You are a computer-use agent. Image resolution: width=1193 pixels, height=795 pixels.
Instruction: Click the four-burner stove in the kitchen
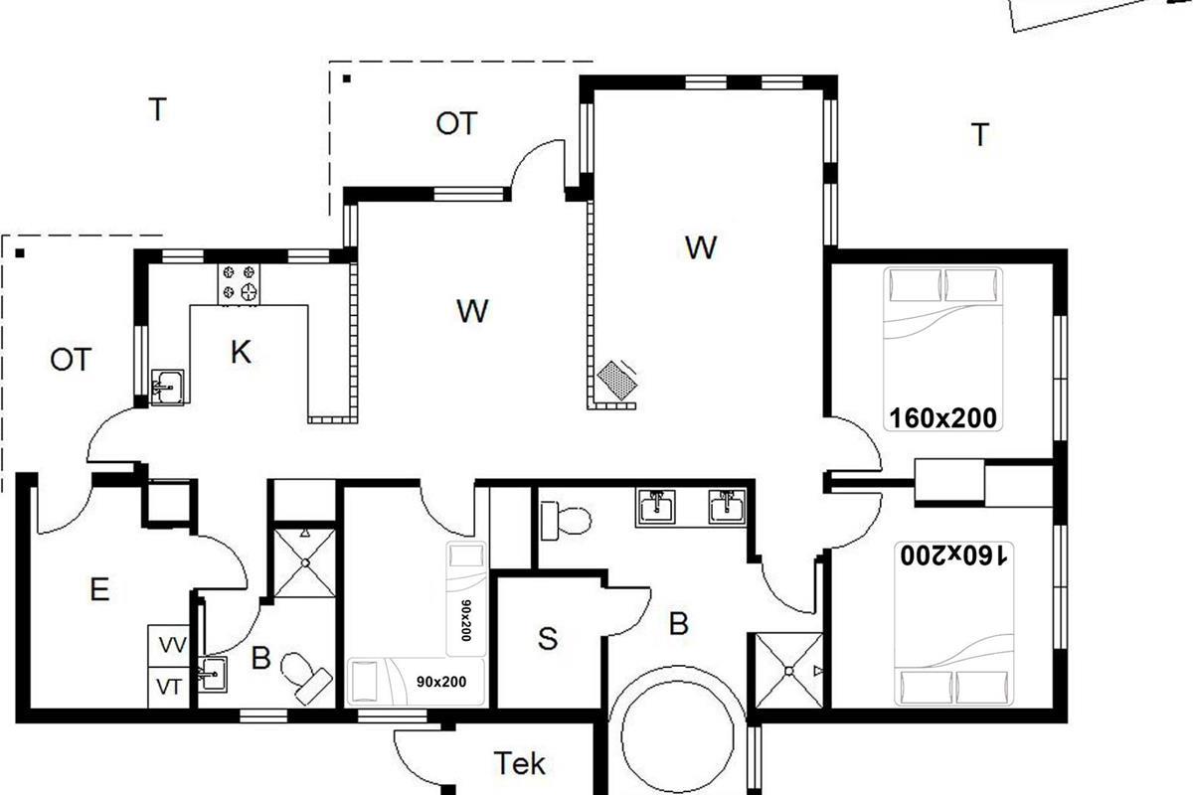240,284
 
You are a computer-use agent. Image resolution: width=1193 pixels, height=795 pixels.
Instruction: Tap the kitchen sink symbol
168,388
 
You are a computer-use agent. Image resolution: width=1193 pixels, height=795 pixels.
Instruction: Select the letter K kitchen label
241,352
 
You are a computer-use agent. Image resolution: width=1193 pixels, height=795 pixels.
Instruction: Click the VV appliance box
169,645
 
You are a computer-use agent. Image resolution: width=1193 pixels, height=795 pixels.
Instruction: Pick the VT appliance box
169,688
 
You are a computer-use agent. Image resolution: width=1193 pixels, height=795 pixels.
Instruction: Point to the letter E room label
100,589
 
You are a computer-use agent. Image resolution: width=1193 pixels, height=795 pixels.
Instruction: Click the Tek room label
519,763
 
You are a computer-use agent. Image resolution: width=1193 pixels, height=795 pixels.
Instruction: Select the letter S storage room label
548,638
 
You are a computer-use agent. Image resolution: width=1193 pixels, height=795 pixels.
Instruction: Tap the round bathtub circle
677,736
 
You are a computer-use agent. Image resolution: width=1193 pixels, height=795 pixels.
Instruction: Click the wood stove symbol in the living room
617,381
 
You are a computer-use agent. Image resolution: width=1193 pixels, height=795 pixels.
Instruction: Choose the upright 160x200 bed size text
942,418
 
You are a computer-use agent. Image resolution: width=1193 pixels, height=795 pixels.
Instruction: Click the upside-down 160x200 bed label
953,556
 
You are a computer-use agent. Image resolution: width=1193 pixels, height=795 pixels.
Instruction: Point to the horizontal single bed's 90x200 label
441,682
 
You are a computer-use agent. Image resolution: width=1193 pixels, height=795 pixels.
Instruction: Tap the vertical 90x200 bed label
466,620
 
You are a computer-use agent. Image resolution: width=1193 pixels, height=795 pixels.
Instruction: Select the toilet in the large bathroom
566,521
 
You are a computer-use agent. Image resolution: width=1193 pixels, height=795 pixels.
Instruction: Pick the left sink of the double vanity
656,507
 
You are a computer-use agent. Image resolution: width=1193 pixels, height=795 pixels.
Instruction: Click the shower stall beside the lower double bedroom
789,671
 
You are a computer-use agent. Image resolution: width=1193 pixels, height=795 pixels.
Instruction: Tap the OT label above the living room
456,123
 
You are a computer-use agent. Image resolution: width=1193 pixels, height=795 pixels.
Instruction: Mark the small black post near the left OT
20,253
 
